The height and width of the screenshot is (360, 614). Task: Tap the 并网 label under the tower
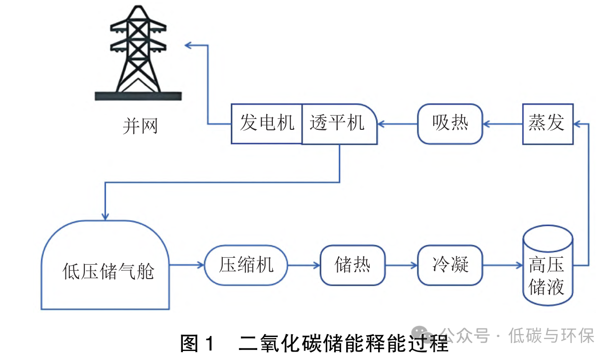[140, 126]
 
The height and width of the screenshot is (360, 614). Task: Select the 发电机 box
[267, 123]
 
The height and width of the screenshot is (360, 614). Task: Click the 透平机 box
[339, 123]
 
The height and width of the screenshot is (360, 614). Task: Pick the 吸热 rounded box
[450, 123]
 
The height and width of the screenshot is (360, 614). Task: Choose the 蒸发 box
[547, 124]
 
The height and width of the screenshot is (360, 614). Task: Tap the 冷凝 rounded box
[450, 265]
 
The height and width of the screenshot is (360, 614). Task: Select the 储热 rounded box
[353, 265]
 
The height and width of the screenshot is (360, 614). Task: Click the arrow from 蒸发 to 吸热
[503, 124]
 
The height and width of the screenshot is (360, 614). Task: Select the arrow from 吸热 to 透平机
[398, 124]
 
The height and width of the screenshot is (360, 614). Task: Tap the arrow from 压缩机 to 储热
[304, 265]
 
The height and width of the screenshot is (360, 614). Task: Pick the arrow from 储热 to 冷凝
[401, 265]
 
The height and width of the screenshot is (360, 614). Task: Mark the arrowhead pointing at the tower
[189, 45]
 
